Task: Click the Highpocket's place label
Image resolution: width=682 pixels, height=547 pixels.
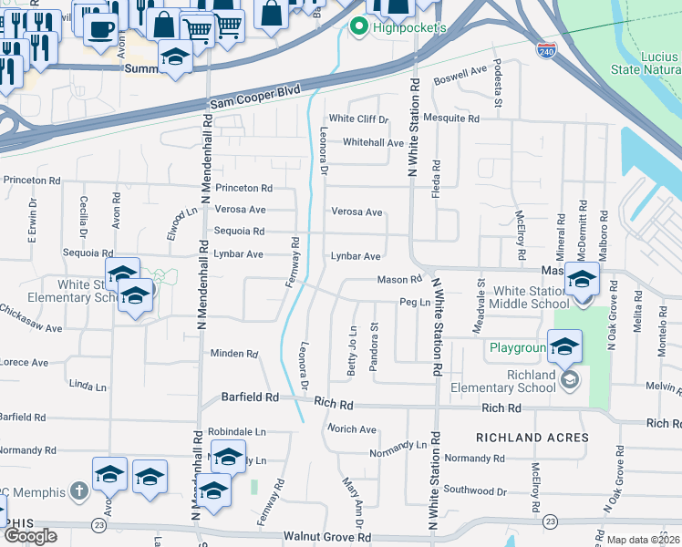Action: tap(408, 28)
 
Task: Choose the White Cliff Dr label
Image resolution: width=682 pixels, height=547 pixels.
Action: tap(358, 119)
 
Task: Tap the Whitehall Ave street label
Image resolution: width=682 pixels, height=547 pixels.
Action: tap(373, 143)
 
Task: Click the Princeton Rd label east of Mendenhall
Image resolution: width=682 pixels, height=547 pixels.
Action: tap(243, 189)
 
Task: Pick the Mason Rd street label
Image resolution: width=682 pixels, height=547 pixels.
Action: tap(399, 279)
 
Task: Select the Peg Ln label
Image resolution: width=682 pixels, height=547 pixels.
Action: tap(414, 302)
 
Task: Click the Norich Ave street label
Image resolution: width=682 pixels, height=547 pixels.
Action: tap(352, 429)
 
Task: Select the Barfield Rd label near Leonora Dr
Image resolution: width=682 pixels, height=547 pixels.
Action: tap(250, 398)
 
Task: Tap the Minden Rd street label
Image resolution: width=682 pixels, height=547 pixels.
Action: tap(234, 354)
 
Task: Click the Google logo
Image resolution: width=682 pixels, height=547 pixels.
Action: tap(30, 536)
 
